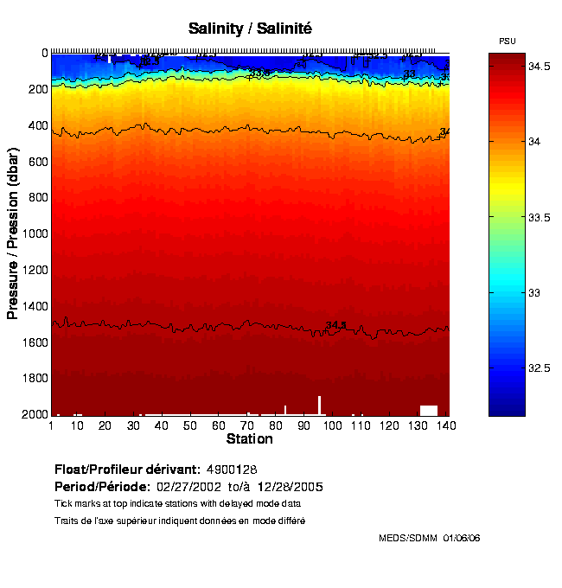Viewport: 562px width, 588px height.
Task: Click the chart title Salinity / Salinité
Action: coord(250,29)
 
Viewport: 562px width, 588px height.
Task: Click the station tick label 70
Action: coord(246,426)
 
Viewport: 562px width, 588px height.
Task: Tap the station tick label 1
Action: coord(52,426)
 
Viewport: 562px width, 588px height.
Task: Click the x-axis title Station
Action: coord(249,439)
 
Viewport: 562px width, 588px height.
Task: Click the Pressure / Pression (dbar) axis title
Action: coord(13,234)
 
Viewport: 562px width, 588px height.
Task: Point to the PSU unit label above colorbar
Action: coord(508,42)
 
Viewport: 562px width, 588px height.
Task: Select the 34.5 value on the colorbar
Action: coord(541,66)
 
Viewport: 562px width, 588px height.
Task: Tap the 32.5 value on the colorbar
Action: coord(541,368)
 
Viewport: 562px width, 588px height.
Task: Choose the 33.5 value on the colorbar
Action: coord(541,217)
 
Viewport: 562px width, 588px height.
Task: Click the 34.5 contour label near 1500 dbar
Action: coord(335,325)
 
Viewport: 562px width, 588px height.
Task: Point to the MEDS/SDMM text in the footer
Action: coord(408,538)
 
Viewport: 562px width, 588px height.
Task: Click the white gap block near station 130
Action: coord(428,410)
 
